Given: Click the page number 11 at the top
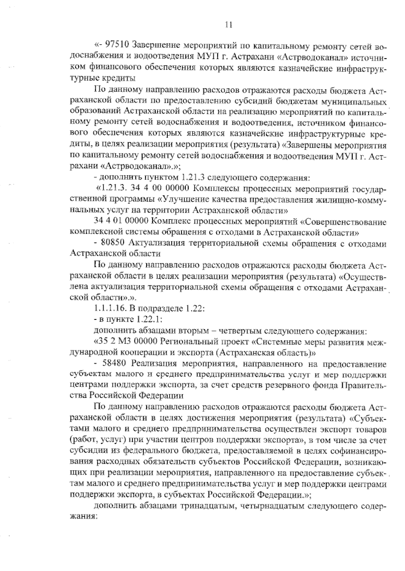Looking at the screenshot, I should (228, 25).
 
